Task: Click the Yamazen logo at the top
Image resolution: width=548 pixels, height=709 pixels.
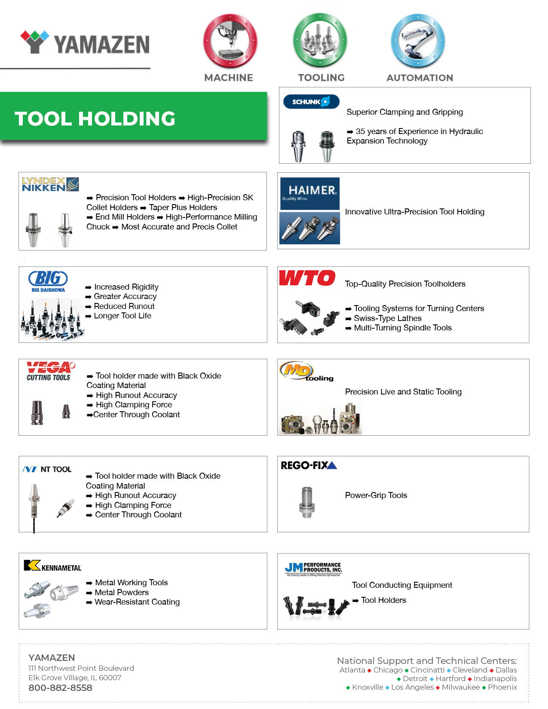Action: (x=85, y=43)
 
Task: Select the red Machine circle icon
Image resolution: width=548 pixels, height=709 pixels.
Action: (x=230, y=40)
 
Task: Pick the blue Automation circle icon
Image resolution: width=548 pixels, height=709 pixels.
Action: (x=418, y=40)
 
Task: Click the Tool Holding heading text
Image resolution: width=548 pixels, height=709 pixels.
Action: (x=95, y=119)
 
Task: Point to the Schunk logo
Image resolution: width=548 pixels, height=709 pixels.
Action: (x=311, y=102)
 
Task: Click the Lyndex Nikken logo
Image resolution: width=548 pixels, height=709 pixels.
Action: (x=50, y=184)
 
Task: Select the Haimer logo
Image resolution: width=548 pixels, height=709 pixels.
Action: (x=310, y=193)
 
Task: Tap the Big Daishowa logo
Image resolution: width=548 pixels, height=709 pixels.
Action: (x=48, y=281)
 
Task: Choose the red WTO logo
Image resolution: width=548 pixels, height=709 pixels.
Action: (x=307, y=278)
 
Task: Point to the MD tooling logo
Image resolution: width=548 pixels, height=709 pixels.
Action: (x=306, y=372)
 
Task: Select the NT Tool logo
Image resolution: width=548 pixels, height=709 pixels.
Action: (x=47, y=469)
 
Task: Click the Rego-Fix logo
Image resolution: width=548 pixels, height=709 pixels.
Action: (x=309, y=465)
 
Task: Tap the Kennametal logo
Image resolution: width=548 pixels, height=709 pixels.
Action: (x=52, y=566)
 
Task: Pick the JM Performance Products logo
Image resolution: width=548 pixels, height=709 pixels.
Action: (x=313, y=569)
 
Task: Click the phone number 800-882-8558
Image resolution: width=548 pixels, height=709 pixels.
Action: (x=60, y=688)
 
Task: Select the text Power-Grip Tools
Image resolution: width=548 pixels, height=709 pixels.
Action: (x=376, y=495)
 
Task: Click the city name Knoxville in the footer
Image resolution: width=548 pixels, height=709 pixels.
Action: (x=367, y=687)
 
